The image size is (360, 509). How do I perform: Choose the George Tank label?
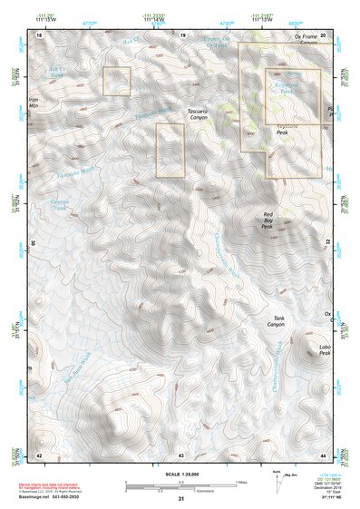pos(59,204)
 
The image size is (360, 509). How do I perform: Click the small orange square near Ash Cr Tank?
pos(116,81)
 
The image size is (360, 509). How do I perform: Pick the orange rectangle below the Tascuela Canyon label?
pos(170,150)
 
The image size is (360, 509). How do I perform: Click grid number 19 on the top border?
pos(182,34)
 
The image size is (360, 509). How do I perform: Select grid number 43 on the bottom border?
pos(180,454)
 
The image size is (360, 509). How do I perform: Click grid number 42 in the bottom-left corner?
pos(38,454)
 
